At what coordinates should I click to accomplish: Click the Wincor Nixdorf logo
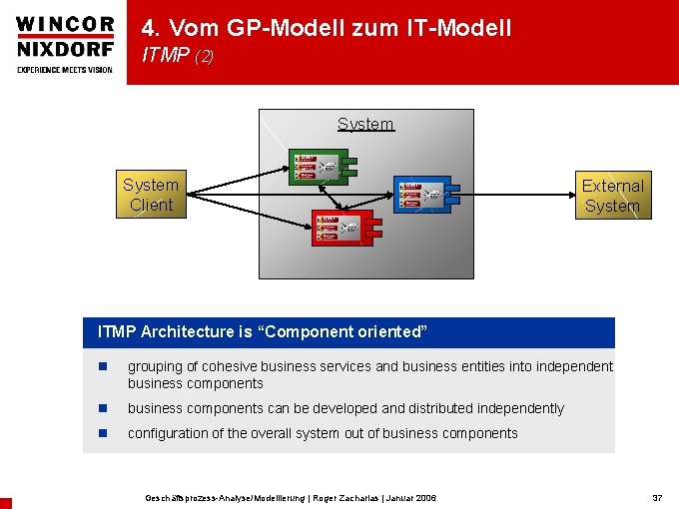[x=63, y=37]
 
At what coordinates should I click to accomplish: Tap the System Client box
[x=151, y=195]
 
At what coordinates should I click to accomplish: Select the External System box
[x=613, y=196]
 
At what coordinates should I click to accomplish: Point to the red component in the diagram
[x=342, y=228]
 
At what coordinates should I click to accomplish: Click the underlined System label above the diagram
[x=365, y=124]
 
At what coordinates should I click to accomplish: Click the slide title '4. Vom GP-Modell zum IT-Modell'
[x=327, y=28]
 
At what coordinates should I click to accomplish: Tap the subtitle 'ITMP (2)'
[x=178, y=57]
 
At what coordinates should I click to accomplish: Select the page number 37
[x=657, y=497]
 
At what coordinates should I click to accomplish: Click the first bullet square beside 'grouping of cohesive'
[x=101, y=367]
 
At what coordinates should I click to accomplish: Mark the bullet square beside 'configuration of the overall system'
[x=101, y=434]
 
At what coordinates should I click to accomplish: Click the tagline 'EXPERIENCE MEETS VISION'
[x=63, y=69]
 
